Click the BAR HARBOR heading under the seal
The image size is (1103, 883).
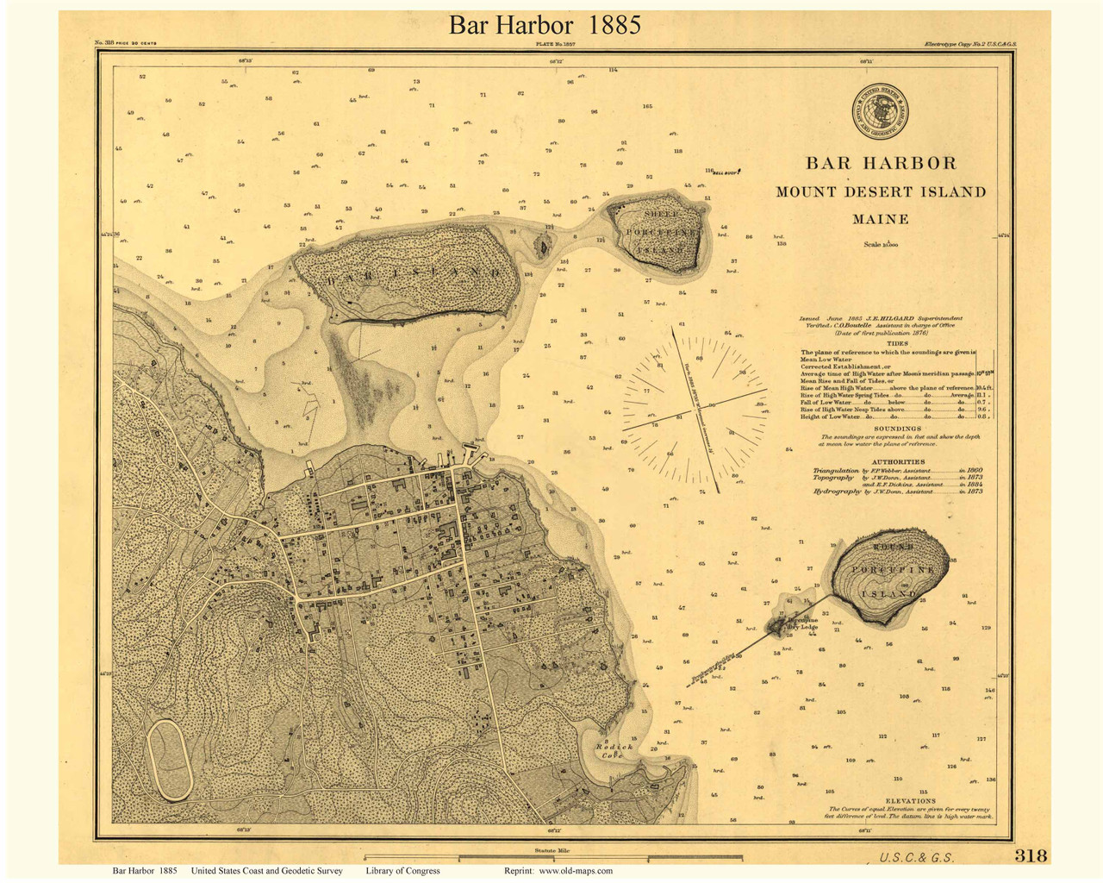[881, 163]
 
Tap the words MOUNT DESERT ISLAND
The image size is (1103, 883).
[881, 191]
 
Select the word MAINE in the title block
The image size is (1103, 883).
[881, 219]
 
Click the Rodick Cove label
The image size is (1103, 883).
[614, 751]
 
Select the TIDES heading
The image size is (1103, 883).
[897, 342]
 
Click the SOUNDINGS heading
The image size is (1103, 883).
[897, 429]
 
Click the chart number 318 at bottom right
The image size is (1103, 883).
[1031, 855]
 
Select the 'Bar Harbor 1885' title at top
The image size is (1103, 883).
[545, 25]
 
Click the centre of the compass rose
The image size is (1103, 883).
[694, 404]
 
